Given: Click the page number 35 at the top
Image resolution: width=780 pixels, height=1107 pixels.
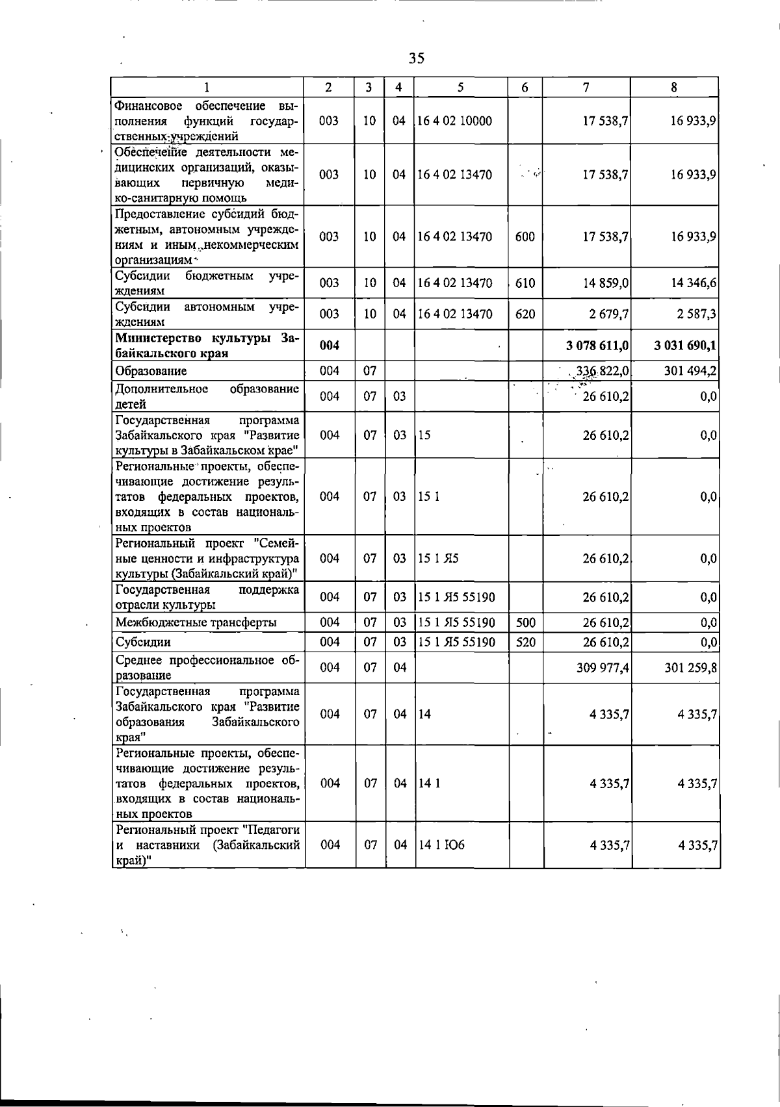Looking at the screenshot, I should tap(417, 58).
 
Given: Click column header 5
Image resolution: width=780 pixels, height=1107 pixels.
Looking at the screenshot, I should tap(460, 87).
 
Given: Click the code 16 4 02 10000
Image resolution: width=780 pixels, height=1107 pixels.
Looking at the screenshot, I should tap(455, 121).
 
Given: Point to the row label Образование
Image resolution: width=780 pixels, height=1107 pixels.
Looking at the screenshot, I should tap(151, 371).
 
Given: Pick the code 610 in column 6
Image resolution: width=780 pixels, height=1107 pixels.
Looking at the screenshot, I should tap(525, 283).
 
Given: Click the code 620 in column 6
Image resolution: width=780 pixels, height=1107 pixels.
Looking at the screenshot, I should tap(525, 314).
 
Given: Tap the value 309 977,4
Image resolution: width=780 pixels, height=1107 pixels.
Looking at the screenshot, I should tap(603, 668).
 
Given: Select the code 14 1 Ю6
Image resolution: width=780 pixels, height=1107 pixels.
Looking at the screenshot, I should tap(441, 845).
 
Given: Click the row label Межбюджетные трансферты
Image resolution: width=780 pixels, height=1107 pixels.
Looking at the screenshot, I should tap(196, 622).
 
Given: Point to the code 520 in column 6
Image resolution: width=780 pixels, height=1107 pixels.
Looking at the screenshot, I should tap(525, 643).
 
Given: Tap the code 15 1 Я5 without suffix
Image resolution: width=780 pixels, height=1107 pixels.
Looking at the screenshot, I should tap(439, 558).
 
